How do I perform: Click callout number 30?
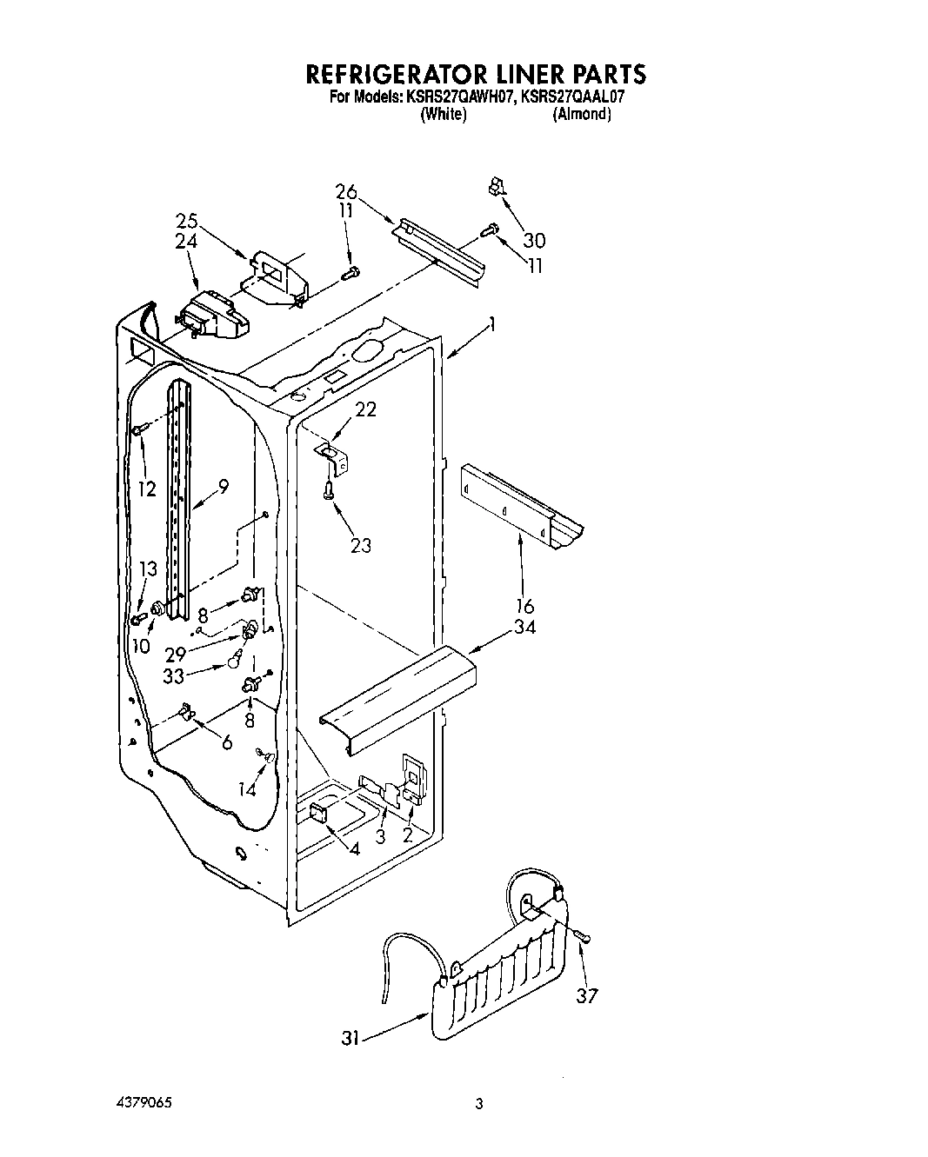tap(535, 240)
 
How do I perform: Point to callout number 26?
tap(346, 192)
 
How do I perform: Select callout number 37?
tap(587, 995)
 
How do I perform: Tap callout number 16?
tap(524, 607)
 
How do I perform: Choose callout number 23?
tap(360, 545)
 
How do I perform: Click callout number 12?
tap(147, 489)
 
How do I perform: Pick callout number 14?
tap(248, 788)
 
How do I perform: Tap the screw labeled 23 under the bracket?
tap(328, 492)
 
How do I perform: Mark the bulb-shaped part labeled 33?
tap(235, 662)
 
